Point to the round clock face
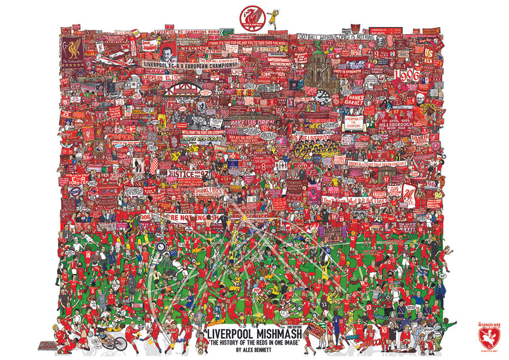[x=322, y=96]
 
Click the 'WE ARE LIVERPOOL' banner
[x=310, y=137]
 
